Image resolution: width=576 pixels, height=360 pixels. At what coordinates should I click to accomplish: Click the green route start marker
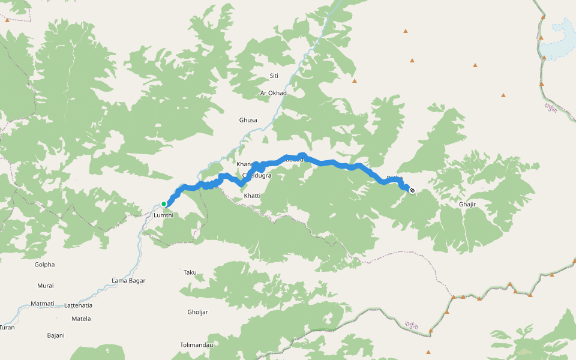[163, 204]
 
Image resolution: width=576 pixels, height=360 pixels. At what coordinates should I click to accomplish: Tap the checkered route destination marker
[412, 191]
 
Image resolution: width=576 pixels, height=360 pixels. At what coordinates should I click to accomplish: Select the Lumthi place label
[163, 215]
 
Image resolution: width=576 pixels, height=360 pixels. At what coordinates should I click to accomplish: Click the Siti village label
[274, 76]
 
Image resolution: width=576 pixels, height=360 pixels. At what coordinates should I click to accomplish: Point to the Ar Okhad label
[274, 93]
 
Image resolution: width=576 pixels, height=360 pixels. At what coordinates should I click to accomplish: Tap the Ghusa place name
[248, 120]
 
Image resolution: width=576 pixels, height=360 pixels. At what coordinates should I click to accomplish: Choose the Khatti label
[252, 196]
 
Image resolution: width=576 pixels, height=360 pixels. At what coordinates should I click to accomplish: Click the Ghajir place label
[467, 205]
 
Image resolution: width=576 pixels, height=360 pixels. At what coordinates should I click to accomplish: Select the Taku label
[190, 272]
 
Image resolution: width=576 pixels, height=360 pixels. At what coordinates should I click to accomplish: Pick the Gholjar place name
[197, 312]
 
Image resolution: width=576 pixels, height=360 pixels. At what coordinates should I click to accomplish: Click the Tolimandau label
[196, 345]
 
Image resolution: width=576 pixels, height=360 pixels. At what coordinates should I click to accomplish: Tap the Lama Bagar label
[128, 281]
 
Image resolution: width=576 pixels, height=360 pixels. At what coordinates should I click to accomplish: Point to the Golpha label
[44, 265]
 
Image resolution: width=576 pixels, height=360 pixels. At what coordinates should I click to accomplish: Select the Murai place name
[45, 286]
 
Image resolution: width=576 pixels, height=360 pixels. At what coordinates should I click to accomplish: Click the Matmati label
[43, 304]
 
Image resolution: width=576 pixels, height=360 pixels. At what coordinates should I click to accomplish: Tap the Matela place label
[81, 319]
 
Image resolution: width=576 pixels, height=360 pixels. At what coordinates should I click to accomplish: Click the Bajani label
[56, 335]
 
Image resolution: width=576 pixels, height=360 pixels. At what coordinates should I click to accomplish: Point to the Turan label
[7, 328]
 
